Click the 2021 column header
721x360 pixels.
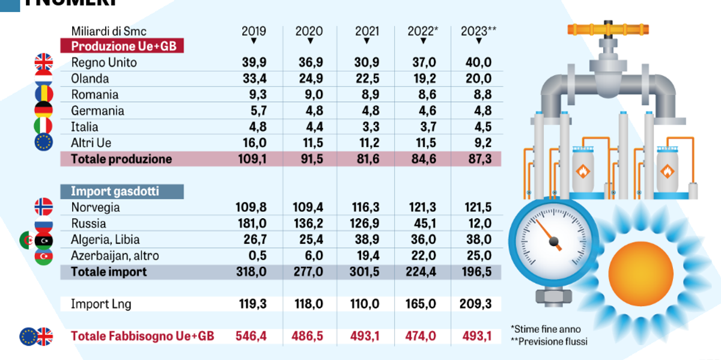tap(367, 31)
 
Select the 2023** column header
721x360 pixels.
tap(478, 31)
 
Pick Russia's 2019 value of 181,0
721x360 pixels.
tap(253, 224)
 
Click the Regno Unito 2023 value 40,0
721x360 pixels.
tap(478, 63)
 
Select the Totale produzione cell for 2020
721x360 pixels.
tap(309, 159)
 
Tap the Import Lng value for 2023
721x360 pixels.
tap(478, 304)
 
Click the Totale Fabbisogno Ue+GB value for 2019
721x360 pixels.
tap(253, 336)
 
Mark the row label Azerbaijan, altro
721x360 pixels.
tap(115, 256)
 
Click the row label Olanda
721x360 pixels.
tap(90, 79)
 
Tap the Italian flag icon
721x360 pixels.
tap(44, 127)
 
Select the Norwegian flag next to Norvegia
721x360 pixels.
tap(44, 207)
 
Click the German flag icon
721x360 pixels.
tap(44, 111)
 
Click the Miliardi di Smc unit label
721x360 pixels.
tap(109, 31)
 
